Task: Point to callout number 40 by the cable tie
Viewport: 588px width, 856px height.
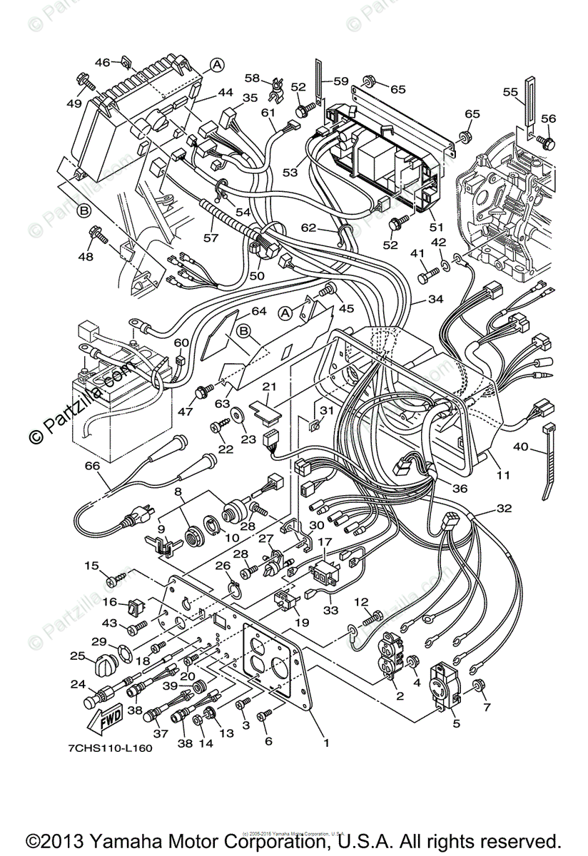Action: (x=519, y=447)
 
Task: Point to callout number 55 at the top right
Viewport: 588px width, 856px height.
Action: (x=510, y=92)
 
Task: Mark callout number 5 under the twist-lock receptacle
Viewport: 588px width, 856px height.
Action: (x=455, y=722)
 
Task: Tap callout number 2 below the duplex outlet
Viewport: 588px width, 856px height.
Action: (x=399, y=695)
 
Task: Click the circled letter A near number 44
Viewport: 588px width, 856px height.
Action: (x=217, y=66)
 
